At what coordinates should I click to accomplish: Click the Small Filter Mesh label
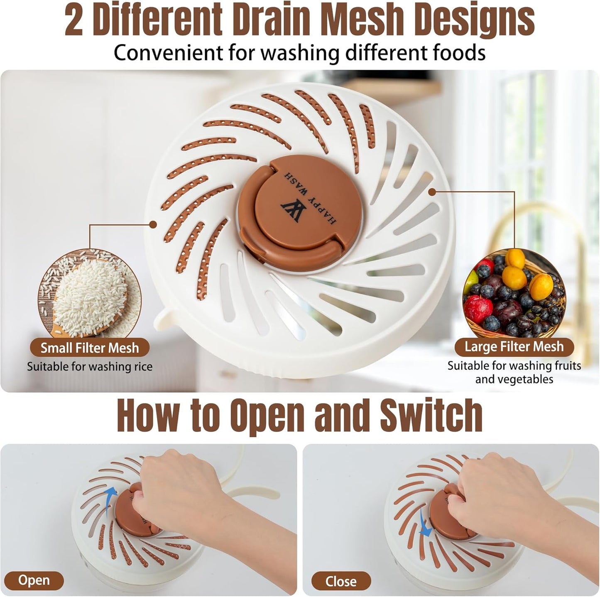click(89, 348)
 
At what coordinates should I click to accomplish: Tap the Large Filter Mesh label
click(514, 346)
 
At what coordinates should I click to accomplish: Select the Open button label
click(34, 580)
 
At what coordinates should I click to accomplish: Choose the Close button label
click(340, 581)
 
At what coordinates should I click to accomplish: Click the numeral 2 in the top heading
click(74, 21)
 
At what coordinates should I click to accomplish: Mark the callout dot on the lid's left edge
click(153, 225)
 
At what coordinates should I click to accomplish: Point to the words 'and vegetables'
click(514, 379)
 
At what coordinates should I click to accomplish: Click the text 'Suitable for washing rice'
click(90, 367)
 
